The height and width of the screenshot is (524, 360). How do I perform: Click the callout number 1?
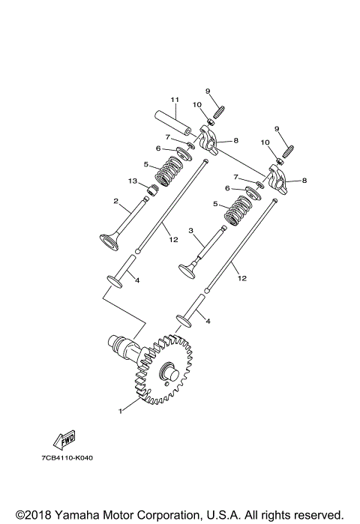pos(118,410)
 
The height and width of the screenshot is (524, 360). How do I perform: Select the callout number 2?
pos(116,201)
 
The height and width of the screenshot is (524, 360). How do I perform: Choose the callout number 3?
pos(191,231)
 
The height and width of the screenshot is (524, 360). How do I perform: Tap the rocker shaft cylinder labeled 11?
pos(173,119)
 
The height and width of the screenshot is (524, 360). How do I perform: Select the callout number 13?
pos(132,181)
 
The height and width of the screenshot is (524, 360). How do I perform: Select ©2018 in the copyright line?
pos(32,514)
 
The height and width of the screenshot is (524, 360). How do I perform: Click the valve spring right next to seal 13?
pos(169,174)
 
